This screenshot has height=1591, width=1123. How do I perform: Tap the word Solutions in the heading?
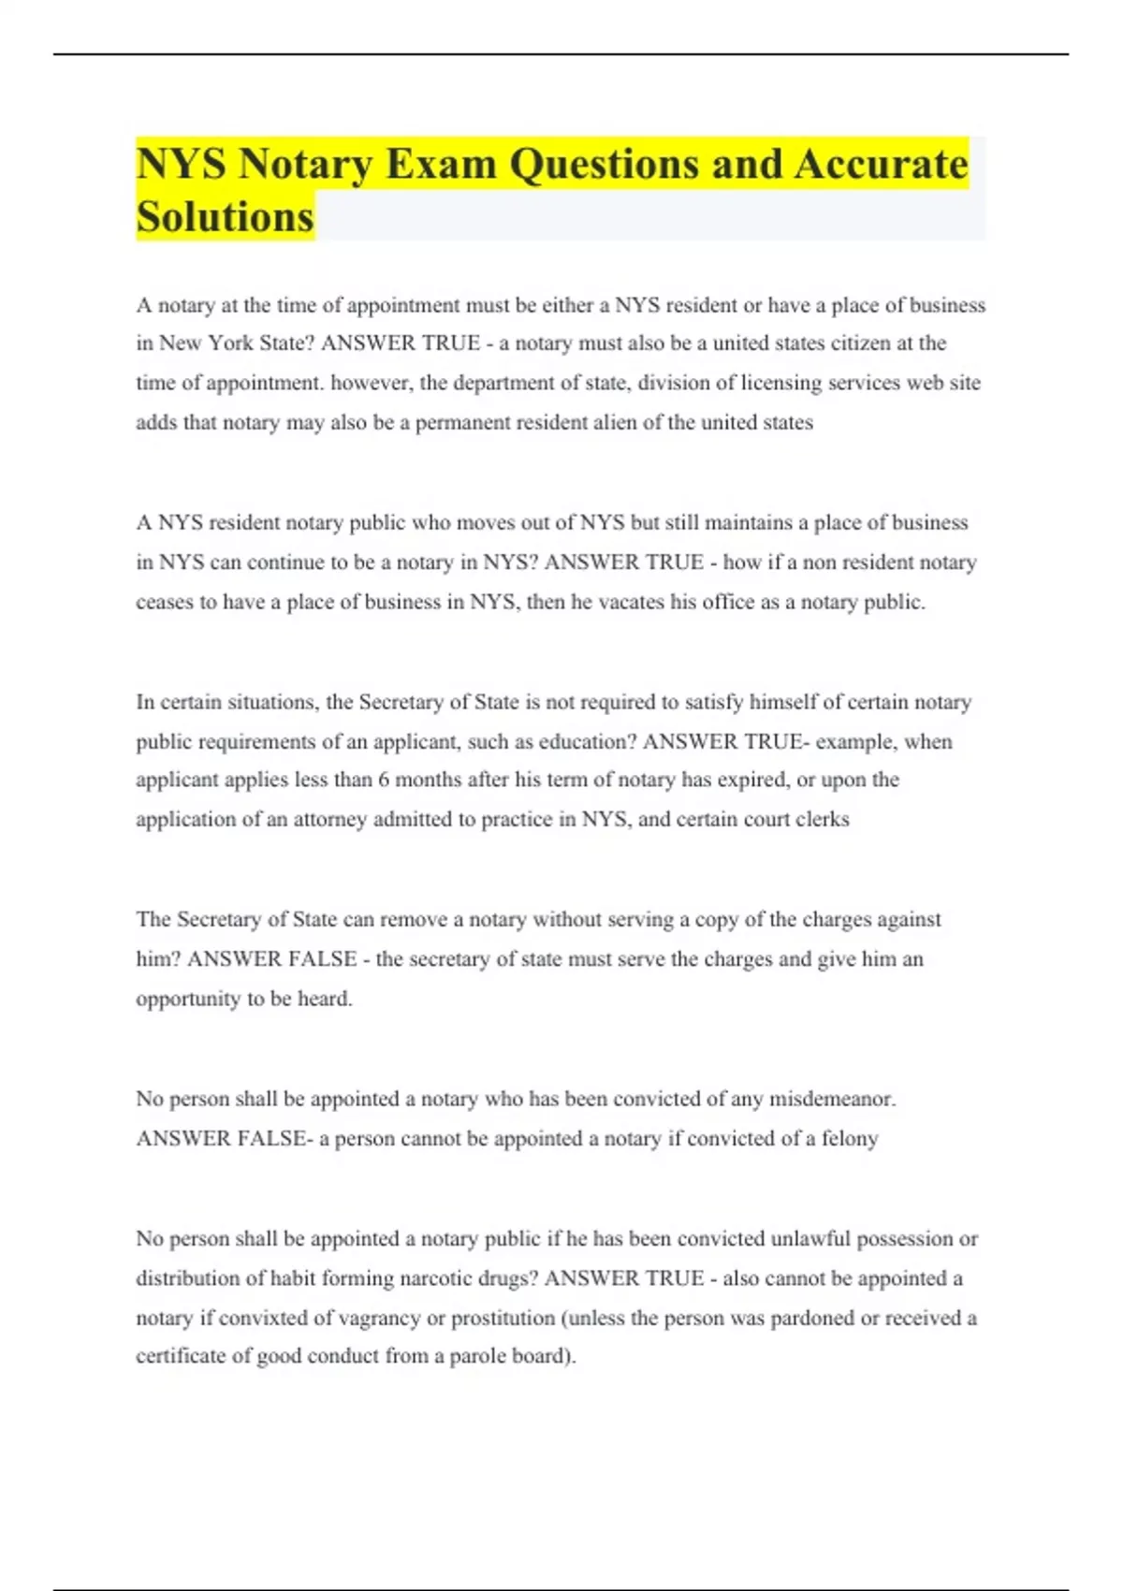tap(225, 217)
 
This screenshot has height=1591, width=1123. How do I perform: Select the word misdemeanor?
tap(832, 1100)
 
